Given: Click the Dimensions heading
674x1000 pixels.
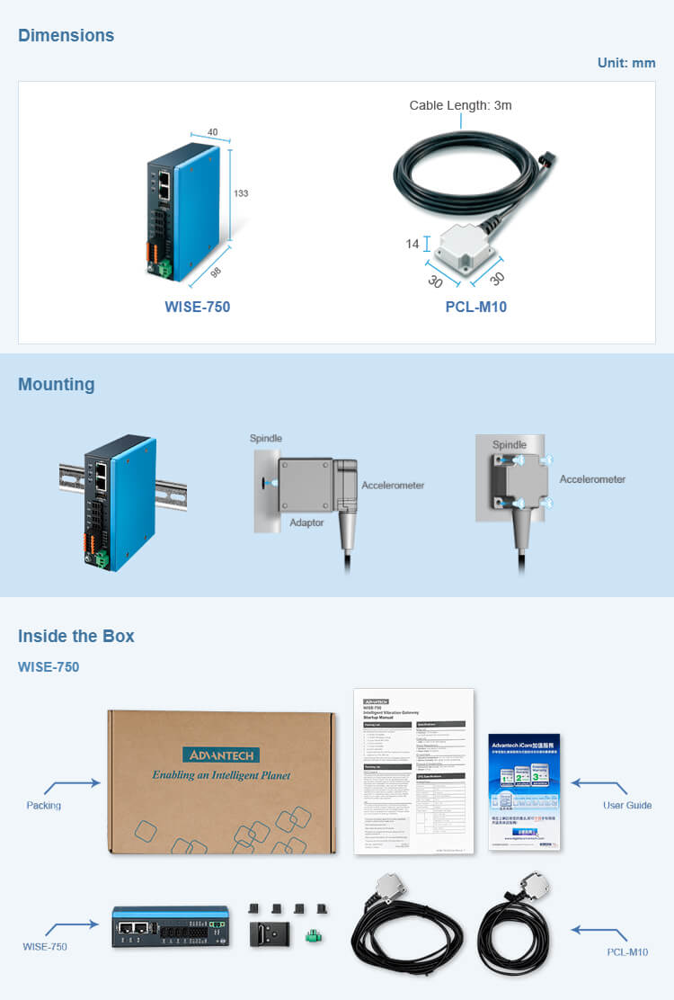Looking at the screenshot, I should (66, 36).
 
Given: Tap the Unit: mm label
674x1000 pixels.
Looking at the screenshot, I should (626, 63).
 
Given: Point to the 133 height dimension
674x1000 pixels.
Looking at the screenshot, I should (240, 193).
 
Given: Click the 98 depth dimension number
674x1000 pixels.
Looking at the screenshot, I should (216, 272).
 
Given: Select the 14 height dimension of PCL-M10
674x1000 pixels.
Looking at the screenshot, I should (412, 244).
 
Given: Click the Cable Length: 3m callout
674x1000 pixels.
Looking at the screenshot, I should (460, 105).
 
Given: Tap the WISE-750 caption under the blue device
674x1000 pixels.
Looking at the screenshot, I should (197, 308).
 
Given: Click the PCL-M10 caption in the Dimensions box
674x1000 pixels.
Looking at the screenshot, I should (475, 308).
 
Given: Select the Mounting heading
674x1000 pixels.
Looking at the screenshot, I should (56, 385).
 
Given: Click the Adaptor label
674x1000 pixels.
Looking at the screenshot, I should (307, 522).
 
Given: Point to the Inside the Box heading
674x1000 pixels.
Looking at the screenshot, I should (76, 637).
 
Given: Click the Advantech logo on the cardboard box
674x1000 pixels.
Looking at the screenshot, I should (220, 754).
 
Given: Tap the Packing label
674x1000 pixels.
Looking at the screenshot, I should (43, 805).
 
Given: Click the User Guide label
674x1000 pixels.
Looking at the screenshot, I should (627, 805).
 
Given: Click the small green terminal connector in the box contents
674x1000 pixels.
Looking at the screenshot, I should (314, 937).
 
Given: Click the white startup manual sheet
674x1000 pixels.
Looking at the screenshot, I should (413, 772).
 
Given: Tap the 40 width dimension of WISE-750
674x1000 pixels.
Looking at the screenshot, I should (212, 132).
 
